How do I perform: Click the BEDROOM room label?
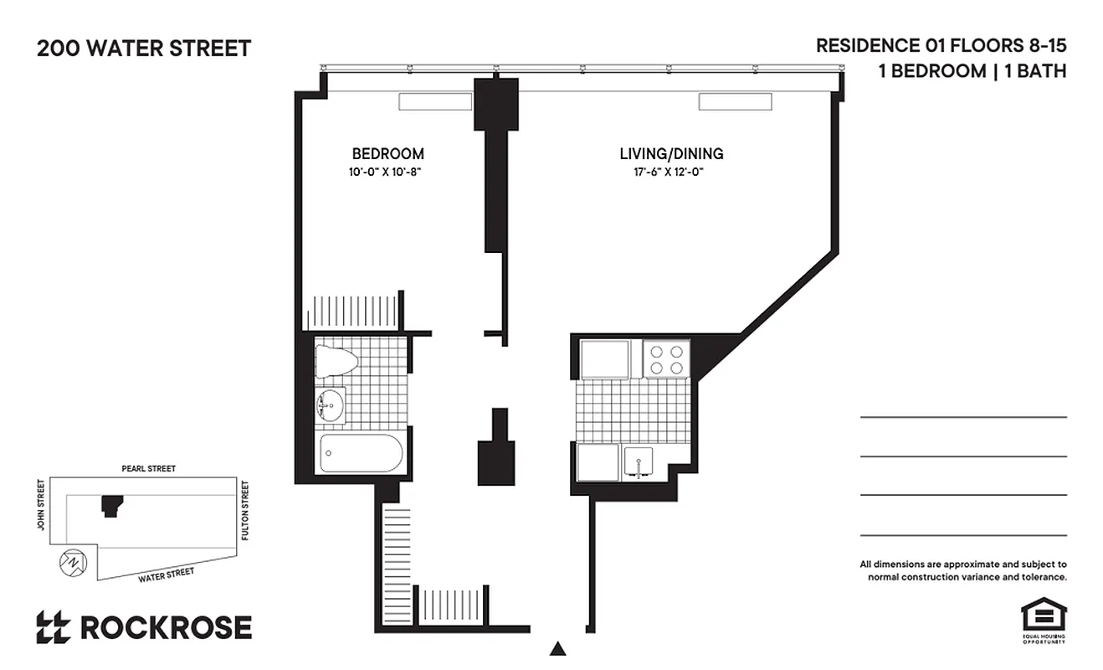tap(387, 154)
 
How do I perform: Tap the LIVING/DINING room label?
tap(671, 154)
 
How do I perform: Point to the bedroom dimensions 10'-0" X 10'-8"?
tap(388, 173)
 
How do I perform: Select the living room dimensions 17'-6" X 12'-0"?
tap(671, 173)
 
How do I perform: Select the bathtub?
tap(362, 453)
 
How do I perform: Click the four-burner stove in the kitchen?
tap(667, 358)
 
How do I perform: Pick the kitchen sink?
tap(641, 462)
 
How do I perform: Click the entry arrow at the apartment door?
tap(558, 648)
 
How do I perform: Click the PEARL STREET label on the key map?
tap(149, 469)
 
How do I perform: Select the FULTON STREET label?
tap(245, 509)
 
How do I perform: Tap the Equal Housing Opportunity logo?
tap(1042, 621)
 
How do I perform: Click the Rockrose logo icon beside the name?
tap(53, 627)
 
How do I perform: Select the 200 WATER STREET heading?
tap(143, 49)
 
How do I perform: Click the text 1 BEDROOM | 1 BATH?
tap(972, 71)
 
